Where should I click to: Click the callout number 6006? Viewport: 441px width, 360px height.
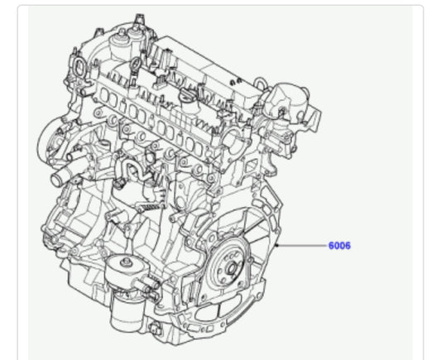(339, 246)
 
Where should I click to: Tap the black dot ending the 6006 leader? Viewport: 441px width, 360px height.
(277, 246)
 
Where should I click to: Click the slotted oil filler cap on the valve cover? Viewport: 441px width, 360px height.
(187, 94)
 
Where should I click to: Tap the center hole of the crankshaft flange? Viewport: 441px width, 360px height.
(232, 269)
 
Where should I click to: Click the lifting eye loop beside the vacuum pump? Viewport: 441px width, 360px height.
(261, 83)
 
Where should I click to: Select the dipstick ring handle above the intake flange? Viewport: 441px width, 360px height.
(136, 65)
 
